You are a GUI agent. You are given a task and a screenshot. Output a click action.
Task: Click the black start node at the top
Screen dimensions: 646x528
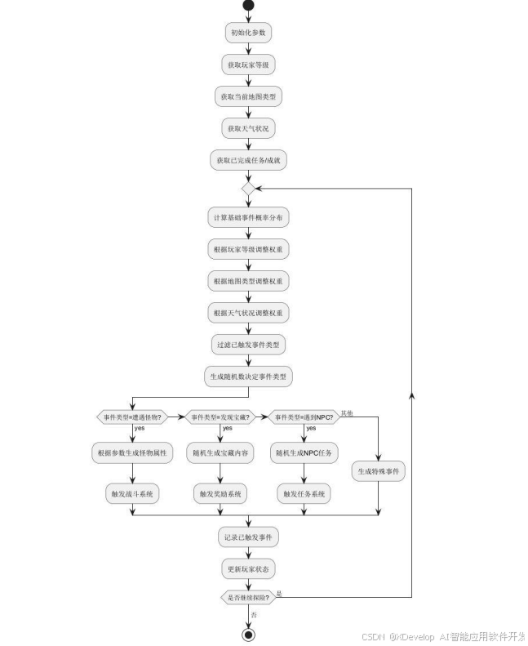(x=248, y=6)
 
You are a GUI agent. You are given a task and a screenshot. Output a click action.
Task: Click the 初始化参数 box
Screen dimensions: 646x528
(x=248, y=33)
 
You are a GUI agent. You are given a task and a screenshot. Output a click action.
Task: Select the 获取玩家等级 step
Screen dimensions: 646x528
(x=248, y=65)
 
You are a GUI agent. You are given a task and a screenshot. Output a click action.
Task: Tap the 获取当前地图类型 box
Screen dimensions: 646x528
(x=248, y=96)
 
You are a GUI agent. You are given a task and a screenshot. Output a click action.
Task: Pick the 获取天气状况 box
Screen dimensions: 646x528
(x=248, y=128)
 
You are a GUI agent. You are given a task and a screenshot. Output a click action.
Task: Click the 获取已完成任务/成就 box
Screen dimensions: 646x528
(x=248, y=161)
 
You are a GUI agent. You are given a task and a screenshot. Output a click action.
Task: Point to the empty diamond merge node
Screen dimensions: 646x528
(x=248, y=189)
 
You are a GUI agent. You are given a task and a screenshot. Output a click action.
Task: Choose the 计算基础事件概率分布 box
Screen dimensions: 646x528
(x=248, y=218)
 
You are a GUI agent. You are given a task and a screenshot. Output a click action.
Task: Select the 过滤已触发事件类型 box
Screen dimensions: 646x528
(x=248, y=345)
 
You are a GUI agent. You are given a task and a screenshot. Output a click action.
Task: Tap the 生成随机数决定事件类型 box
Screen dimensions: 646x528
(x=248, y=376)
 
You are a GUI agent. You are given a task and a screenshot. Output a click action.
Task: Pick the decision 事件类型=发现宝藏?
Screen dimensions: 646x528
(x=220, y=417)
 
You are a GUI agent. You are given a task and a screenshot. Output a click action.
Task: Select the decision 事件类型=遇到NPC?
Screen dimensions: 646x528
(x=304, y=417)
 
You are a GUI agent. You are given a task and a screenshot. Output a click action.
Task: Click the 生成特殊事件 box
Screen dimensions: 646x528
(x=379, y=471)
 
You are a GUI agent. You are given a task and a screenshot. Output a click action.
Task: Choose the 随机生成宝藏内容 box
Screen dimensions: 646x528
(x=220, y=452)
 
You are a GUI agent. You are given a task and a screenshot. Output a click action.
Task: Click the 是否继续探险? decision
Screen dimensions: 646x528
(x=248, y=598)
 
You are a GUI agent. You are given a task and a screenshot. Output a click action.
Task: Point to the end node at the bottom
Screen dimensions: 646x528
(x=248, y=635)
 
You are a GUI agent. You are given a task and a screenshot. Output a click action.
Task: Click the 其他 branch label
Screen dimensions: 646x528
(x=348, y=412)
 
